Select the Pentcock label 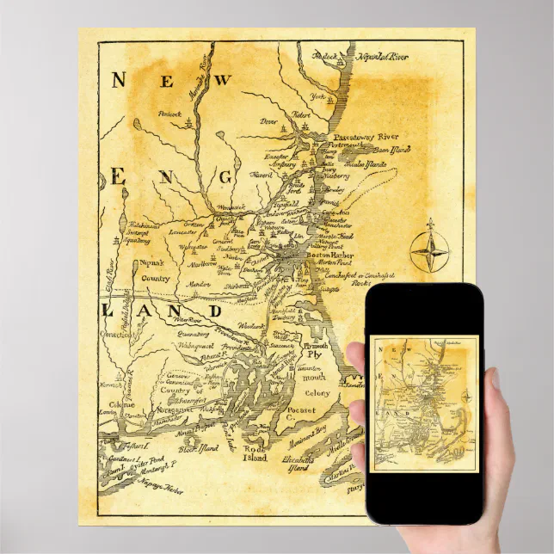170,114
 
